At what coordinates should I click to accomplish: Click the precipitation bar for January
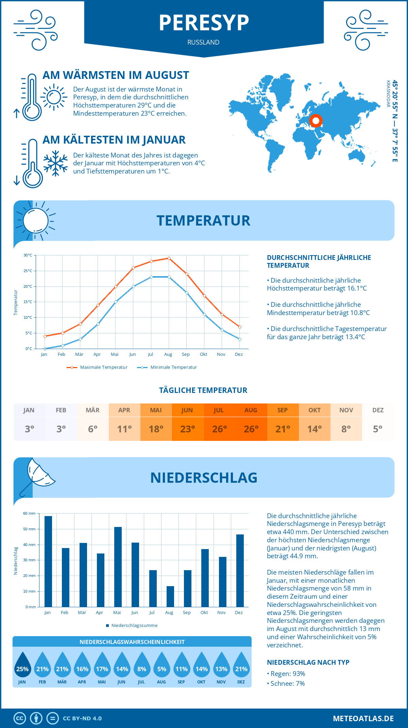pos(48,561)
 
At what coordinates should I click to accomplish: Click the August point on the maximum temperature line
pos(169,259)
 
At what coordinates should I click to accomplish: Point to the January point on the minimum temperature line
pos(45,349)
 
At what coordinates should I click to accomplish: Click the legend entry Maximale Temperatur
pos(97,367)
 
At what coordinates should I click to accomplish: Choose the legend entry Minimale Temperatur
pos(167,367)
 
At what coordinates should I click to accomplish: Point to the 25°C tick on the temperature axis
pos(28,271)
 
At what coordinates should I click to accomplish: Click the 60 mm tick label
pos(29,513)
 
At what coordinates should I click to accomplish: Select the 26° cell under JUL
pos(219,429)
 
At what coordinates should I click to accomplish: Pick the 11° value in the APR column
pos(124,429)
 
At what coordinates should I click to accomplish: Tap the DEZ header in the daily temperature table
pos(378,410)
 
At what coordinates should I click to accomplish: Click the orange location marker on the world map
pos(316,120)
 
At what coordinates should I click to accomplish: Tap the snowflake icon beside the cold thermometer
pos(55,163)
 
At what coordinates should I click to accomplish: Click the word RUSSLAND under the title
pos(203,42)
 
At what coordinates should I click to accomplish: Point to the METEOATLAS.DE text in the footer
pos(363,718)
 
